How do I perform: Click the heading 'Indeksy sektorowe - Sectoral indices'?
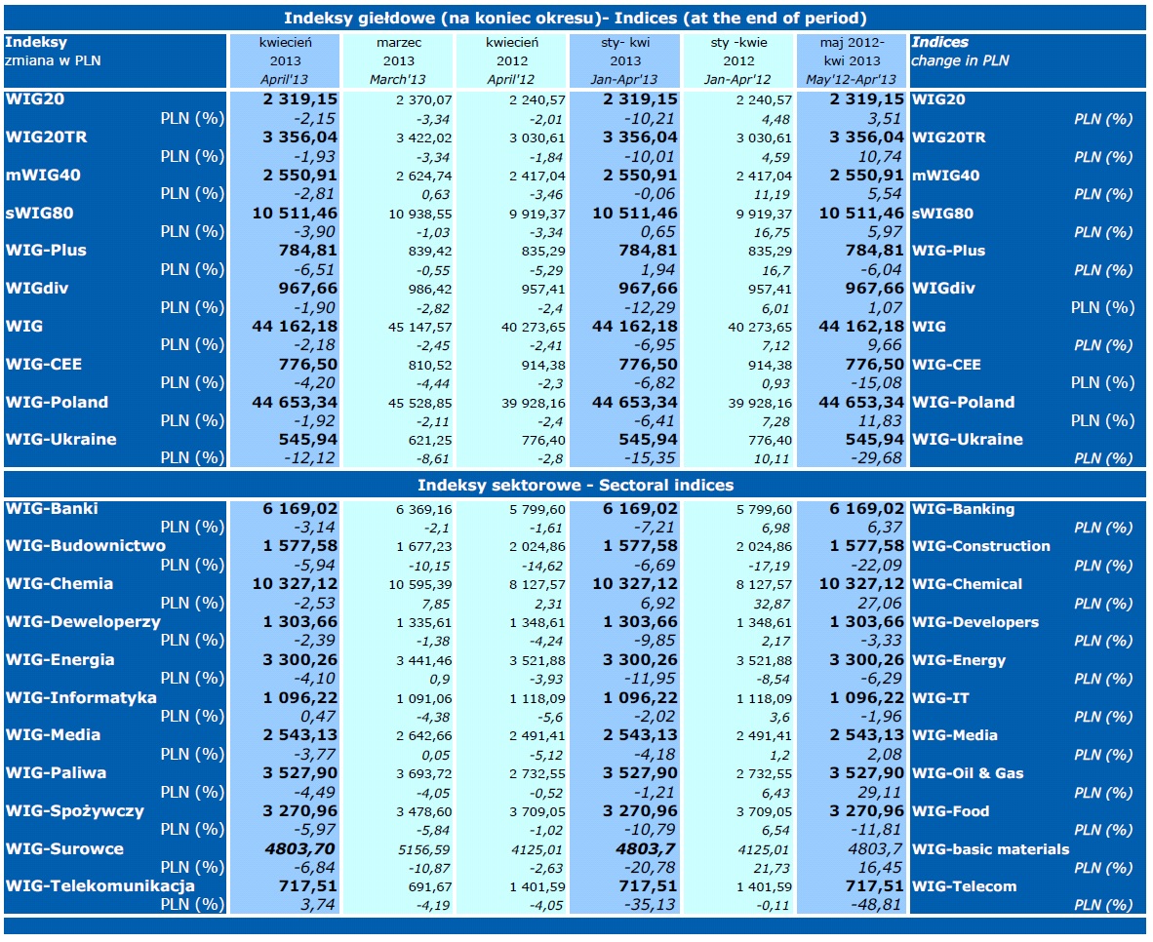pos(576,485)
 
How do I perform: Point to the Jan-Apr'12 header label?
pos(737,79)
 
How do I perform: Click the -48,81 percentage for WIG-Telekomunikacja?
pos(876,905)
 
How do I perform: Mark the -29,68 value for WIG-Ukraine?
pos(876,458)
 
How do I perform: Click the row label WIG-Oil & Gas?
pos(968,773)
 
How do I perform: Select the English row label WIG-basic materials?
pos(990,849)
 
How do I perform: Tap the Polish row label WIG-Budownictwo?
pos(86,546)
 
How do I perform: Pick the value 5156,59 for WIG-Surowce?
pos(423,849)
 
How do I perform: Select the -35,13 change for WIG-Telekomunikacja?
pos(648,905)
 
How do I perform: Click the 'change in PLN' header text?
pos(960,60)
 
